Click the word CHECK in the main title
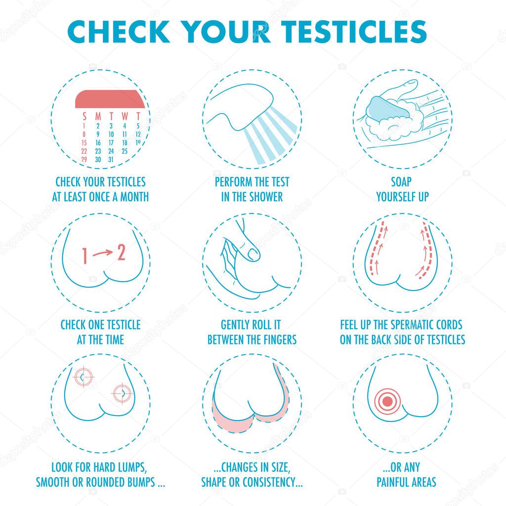tap(119, 32)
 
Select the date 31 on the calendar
tap(111, 160)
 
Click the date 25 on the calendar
tap(125, 151)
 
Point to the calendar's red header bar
tap(110, 99)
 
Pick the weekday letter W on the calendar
tap(125, 116)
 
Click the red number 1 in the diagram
tap(85, 256)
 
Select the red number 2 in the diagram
tap(121, 253)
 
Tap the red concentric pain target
tap(387, 401)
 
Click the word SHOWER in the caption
tap(266, 197)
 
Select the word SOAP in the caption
tap(401, 182)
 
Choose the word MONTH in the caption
tap(134, 197)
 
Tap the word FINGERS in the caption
tap(281, 340)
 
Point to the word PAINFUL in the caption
tap(391, 482)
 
